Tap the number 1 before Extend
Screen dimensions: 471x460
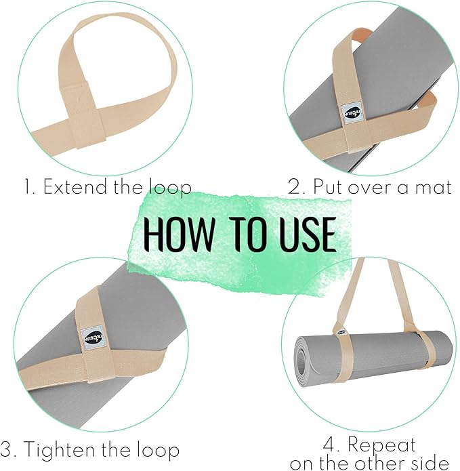(x=27, y=188)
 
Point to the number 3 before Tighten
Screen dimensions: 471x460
(x=7, y=450)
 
